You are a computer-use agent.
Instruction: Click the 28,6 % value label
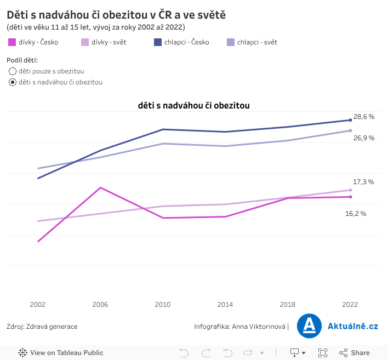tap(363, 117)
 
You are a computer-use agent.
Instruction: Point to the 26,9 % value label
tap(364, 138)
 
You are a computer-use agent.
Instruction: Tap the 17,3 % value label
tap(363, 181)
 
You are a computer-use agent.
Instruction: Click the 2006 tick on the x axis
tap(100, 304)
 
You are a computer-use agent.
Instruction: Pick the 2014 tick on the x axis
tap(225, 304)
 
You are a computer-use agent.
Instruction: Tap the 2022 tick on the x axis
tap(350, 304)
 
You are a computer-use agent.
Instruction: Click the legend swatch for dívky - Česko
tap(12, 42)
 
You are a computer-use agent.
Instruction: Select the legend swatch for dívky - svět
tap(85, 42)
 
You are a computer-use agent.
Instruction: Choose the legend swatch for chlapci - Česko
tap(158, 42)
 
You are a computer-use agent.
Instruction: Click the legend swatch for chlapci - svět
tap(231, 42)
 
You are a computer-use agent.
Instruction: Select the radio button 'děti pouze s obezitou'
tap(13, 71)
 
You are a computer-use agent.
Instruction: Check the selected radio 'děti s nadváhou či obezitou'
tap(13, 82)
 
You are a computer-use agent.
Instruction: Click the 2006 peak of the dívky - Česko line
tap(100, 187)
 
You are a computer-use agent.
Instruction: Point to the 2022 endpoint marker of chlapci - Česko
tap(350, 120)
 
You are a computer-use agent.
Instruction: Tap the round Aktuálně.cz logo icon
tap(309, 326)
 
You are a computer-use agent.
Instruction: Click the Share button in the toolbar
tap(355, 352)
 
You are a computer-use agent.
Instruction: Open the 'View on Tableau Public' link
tap(61, 352)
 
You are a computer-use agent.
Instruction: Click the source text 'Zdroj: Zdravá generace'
tap(42, 327)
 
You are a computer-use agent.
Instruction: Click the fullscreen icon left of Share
tap(323, 352)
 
